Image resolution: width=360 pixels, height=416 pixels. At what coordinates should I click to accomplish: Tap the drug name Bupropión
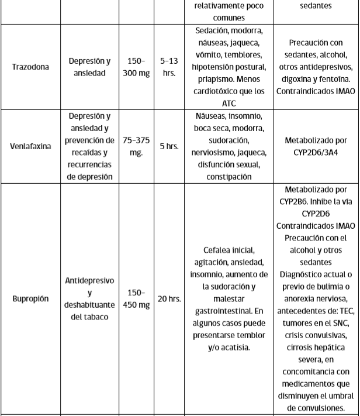[30, 299]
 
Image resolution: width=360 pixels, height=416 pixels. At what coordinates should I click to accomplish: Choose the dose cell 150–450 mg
[136, 299]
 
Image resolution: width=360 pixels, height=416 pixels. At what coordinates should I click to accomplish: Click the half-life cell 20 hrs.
[169, 299]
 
